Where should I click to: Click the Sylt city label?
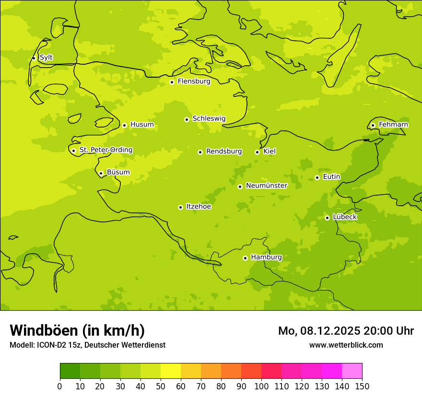coord(46,58)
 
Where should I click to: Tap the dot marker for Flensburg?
coord(172,82)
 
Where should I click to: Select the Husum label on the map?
coord(142,125)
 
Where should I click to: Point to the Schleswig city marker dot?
coord(187,119)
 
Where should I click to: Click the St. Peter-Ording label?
coord(105,150)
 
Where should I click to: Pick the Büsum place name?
coord(118,172)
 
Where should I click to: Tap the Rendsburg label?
coord(224,152)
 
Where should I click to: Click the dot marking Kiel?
coord(257,152)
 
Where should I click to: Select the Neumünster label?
coord(267,186)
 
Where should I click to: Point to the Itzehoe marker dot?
coord(180,207)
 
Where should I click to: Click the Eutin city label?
coord(331,177)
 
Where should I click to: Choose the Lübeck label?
coord(345,217)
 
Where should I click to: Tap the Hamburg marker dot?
coord(245,258)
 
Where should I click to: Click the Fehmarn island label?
coord(393,125)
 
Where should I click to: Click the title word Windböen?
coord(44,330)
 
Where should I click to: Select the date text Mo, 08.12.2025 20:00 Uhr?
coord(346,331)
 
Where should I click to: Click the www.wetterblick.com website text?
coord(346,345)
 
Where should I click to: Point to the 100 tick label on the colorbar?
coord(261,386)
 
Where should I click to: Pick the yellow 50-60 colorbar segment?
coord(171,371)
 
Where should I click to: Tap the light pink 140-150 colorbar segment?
coord(352,371)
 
